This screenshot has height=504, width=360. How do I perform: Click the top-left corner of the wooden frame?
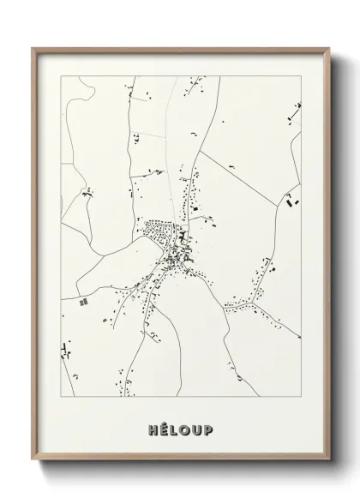[33, 48]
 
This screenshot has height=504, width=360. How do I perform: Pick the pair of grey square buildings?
[83, 302]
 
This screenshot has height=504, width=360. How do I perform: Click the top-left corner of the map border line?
[61, 75]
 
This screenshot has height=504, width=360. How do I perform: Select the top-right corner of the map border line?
[301, 75]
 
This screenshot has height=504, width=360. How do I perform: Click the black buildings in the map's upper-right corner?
[296, 109]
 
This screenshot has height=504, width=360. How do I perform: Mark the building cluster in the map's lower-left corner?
[67, 350]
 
